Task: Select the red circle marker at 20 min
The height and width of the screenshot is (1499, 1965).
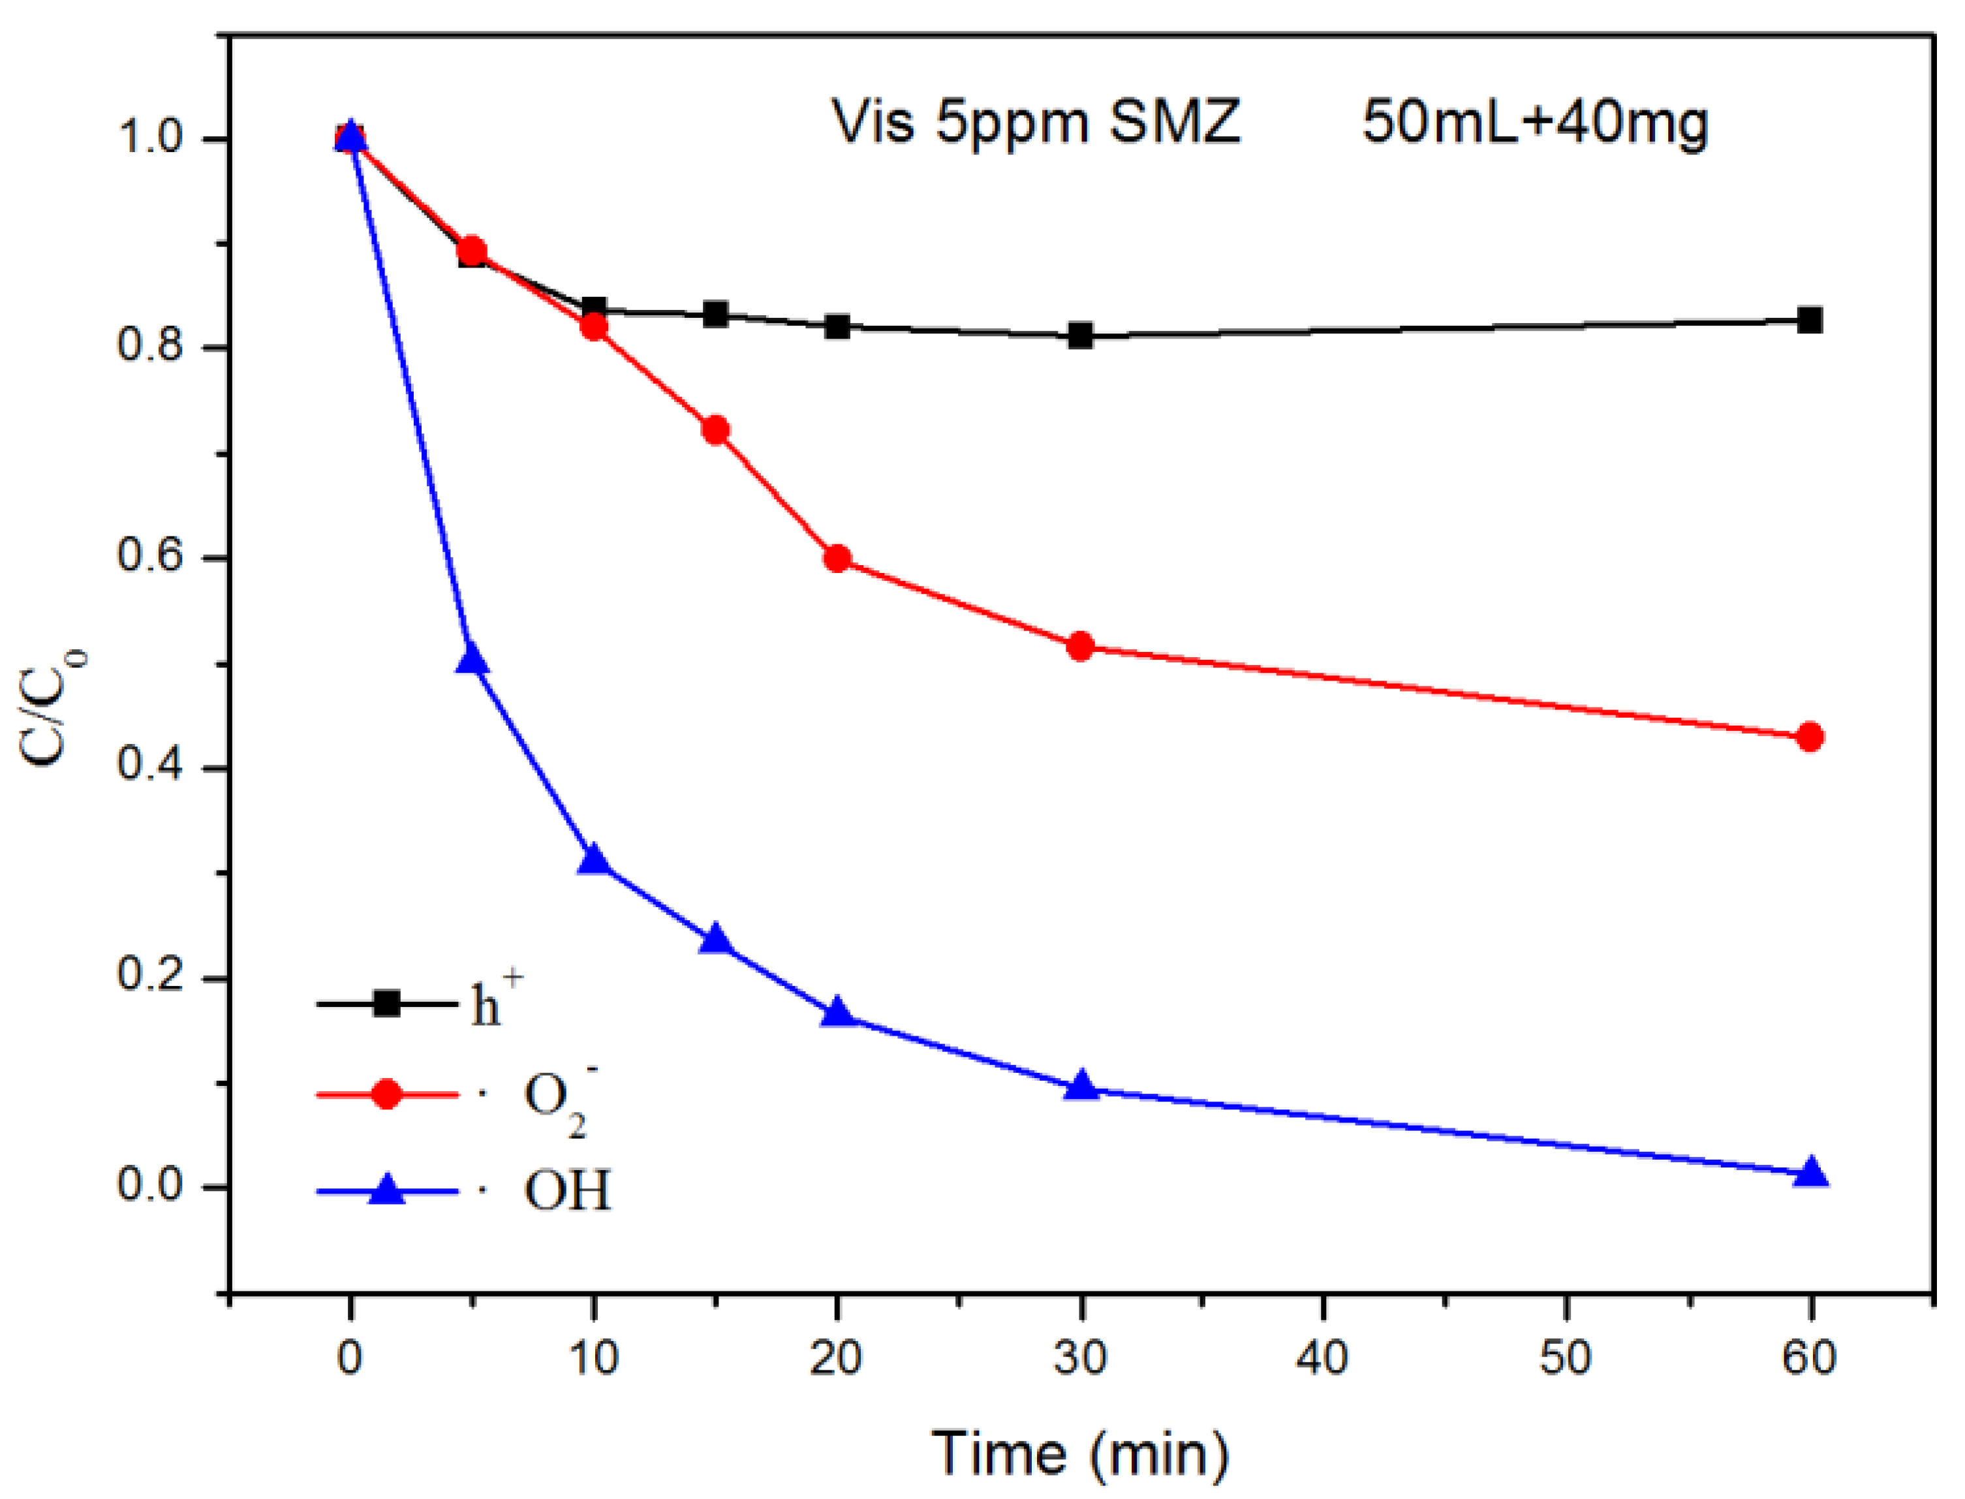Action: pos(836,559)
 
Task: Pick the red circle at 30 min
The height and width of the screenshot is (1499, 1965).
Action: pos(1080,646)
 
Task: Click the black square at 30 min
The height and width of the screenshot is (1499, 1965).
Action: pos(1080,336)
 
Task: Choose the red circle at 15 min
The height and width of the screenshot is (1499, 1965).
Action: pos(715,430)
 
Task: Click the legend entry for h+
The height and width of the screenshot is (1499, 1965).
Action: pos(496,1004)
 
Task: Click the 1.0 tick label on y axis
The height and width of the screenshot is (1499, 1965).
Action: pos(148,138)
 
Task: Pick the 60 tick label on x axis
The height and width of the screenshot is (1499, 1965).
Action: pos(1809,1358)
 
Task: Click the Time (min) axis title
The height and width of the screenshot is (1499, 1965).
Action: pos(1080,1453)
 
